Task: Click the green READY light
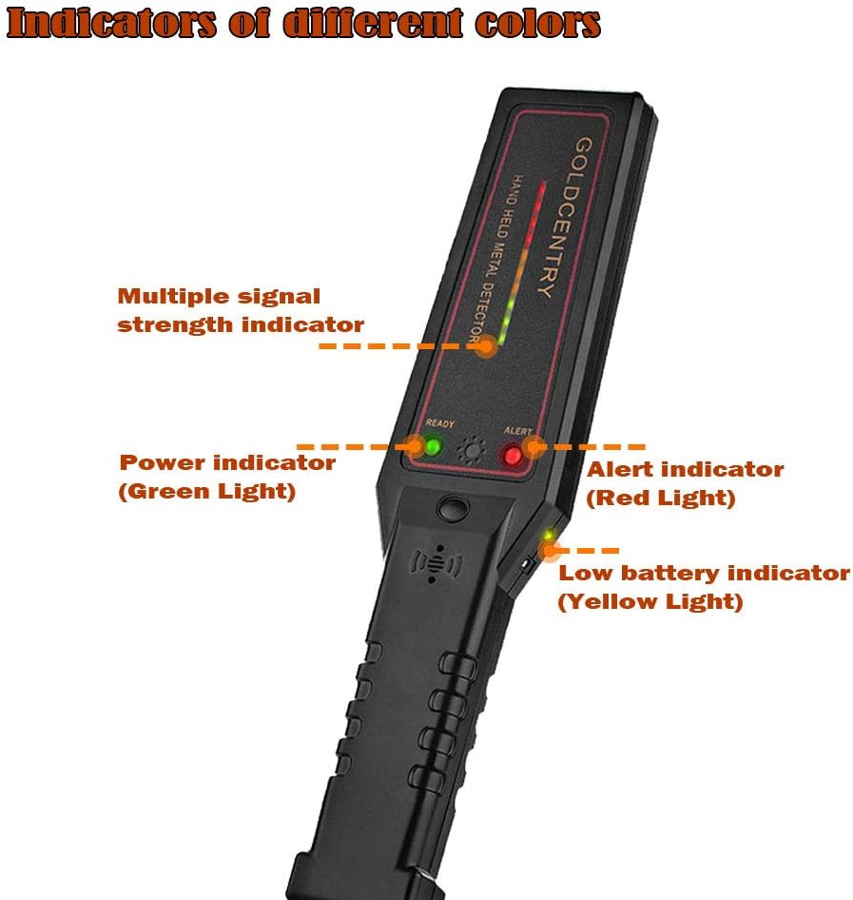[433, 446]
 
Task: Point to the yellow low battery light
[549, 536]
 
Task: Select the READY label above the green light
[440, 423]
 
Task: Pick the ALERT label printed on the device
[518, 431]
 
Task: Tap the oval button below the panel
[454, 507]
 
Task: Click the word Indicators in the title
[112, 23]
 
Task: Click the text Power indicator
[227, 462]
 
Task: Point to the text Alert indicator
[685, 470]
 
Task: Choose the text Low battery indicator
[704, 573]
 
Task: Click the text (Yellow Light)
[650, 601]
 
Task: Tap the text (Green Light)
[207, 491]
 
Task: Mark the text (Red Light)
[661, 499]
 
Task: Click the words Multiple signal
[219, 297]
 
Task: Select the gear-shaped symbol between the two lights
[472, 450]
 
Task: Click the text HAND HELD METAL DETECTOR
[494, 258]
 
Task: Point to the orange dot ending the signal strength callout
[487, 346]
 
